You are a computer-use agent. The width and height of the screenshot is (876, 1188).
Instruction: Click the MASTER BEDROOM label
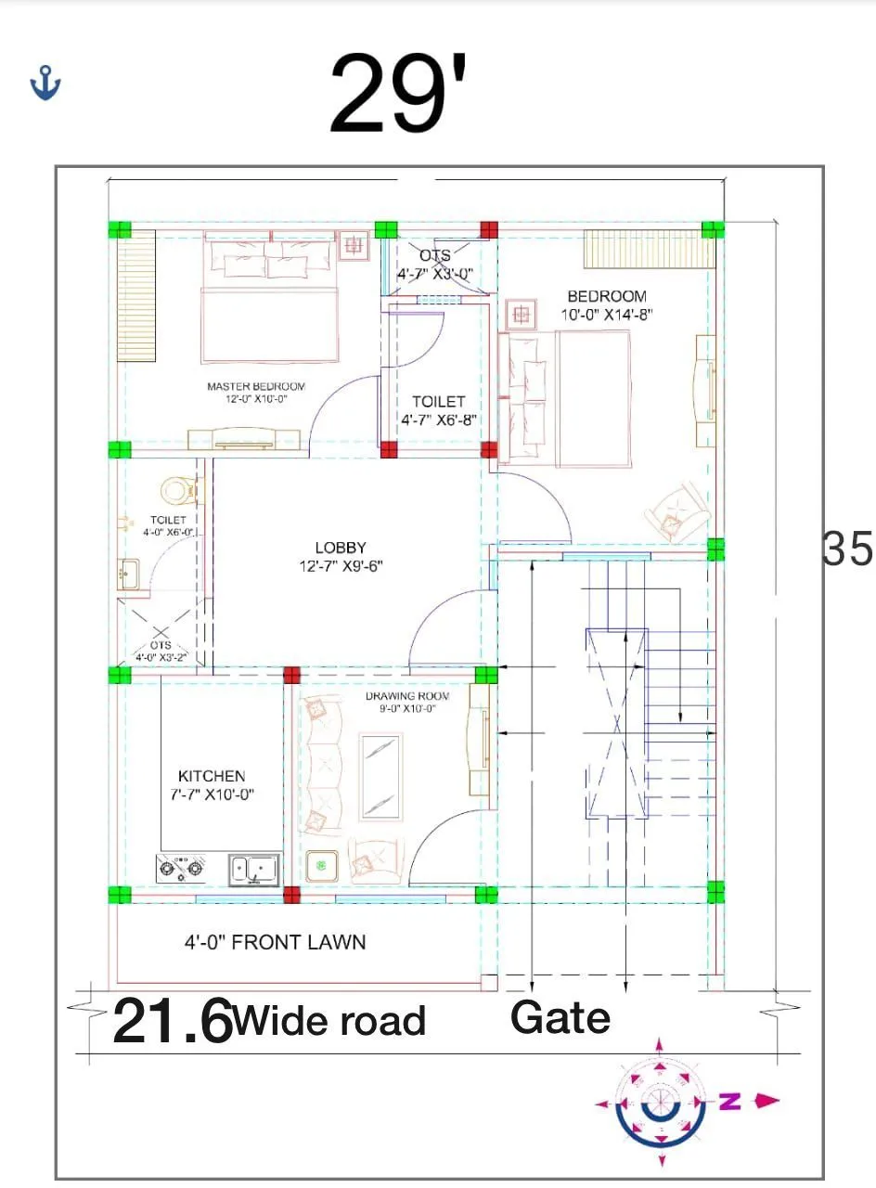255,386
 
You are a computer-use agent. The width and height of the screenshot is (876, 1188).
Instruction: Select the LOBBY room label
340,548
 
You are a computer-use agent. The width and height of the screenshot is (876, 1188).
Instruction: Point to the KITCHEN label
212,776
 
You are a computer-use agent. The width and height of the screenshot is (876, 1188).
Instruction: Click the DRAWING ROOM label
406,696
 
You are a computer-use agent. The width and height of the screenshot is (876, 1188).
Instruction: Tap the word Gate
560,1017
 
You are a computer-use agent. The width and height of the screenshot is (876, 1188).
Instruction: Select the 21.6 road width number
173,1021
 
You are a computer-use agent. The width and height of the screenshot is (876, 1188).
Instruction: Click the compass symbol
661,1103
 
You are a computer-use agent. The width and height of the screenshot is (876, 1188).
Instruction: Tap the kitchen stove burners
180,869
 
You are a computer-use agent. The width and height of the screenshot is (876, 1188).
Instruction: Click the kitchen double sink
253,869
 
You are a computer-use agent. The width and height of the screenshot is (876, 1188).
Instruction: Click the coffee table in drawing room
380,776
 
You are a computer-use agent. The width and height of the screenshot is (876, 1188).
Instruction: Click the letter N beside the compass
730,1102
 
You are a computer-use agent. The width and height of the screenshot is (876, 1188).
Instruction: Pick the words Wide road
329,1021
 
